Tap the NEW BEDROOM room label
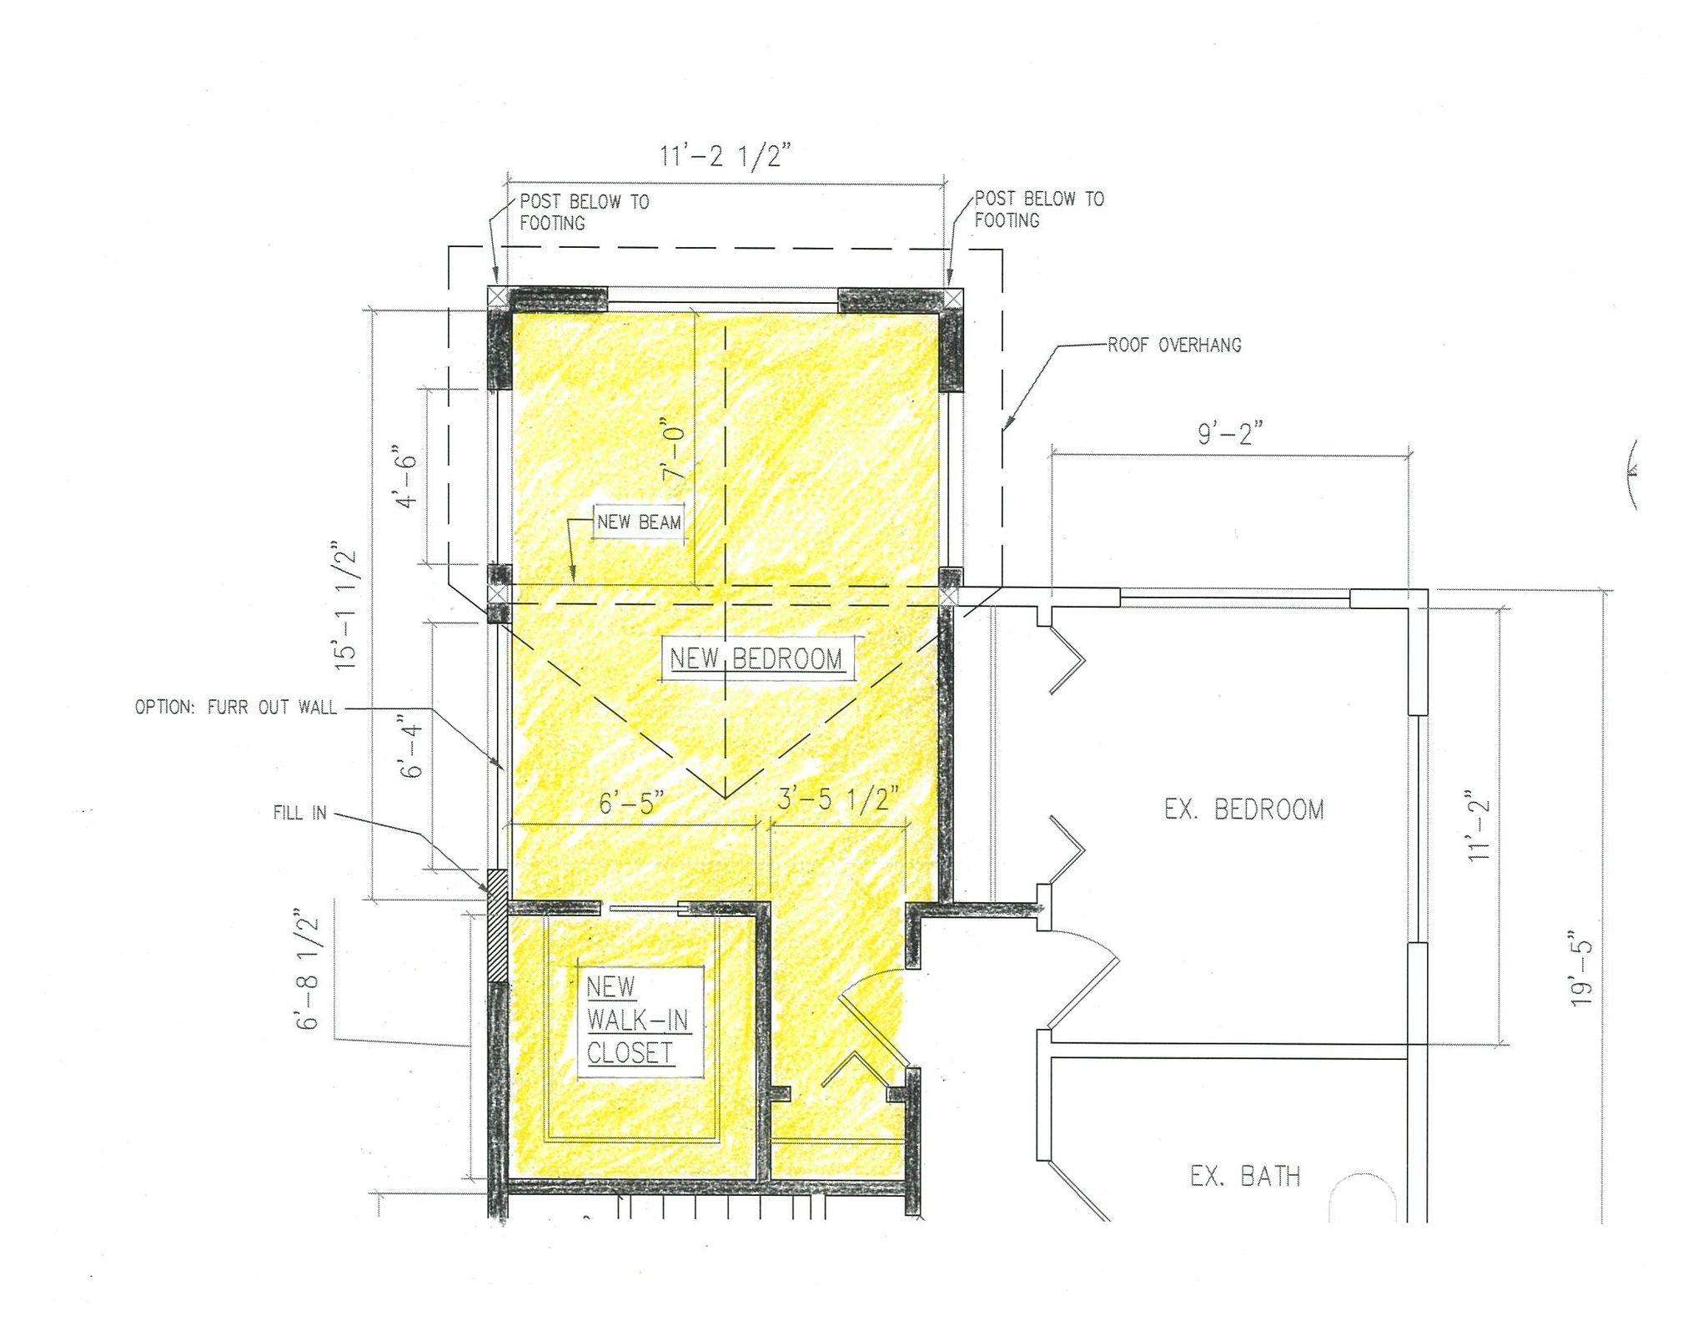click(x=756, y=658)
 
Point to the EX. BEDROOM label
click(x=1243, y=809)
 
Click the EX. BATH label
click(x=1244, y=1177)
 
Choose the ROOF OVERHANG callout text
click(x=1174, y=345)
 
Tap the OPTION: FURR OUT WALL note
click(x=236, y=708)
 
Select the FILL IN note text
click(x=299, y=813)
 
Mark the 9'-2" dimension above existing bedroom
click(x=1230, y=435)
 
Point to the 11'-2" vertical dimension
click(x=1479, y=825)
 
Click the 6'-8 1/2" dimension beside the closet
click(x=307, y=972)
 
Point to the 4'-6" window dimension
click(x=406, y=476)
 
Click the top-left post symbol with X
click(x=497, y=296)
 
